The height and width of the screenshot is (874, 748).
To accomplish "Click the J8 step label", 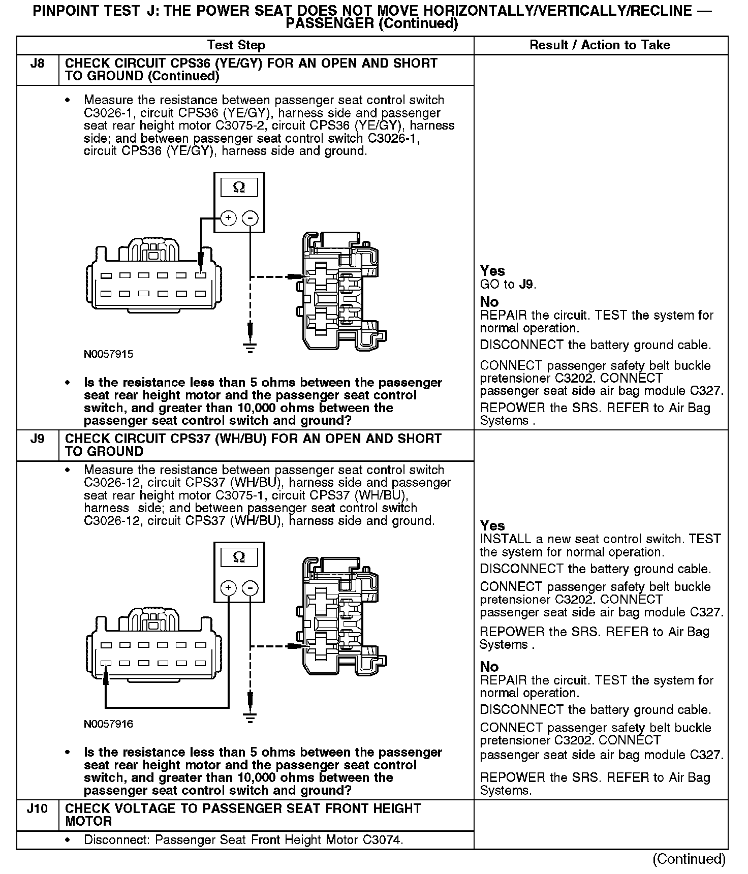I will (x=37, y=64).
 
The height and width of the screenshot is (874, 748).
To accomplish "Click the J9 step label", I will (x=37, y=439).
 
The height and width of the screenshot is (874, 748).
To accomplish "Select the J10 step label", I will (x=37, y=808).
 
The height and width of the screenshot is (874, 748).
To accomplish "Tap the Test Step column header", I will (x=236, y=45).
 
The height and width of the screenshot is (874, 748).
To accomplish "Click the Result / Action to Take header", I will (x=600, y=45).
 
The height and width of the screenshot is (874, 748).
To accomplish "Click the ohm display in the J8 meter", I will (x=239, y=188).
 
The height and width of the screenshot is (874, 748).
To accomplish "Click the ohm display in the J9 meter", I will (x=239, y=557).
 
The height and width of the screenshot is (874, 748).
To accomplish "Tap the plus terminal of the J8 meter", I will (x=229, y=218).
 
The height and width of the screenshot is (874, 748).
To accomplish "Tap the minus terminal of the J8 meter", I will (x=250, y=218).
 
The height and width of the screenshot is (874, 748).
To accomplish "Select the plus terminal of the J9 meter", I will (x=229, y=588).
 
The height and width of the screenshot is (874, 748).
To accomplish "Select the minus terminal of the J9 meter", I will (x=250, y=588).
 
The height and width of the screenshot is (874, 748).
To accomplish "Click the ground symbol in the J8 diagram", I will (x=250, y=348).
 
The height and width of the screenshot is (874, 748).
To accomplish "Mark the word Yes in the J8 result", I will (x=492, y=271).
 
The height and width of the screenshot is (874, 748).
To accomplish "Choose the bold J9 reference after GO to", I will (x=525, y=285).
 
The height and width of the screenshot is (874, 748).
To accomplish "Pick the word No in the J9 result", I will (x=489, y=667).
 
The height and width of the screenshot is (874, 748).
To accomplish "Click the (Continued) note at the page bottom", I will (x=689, y=859).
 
